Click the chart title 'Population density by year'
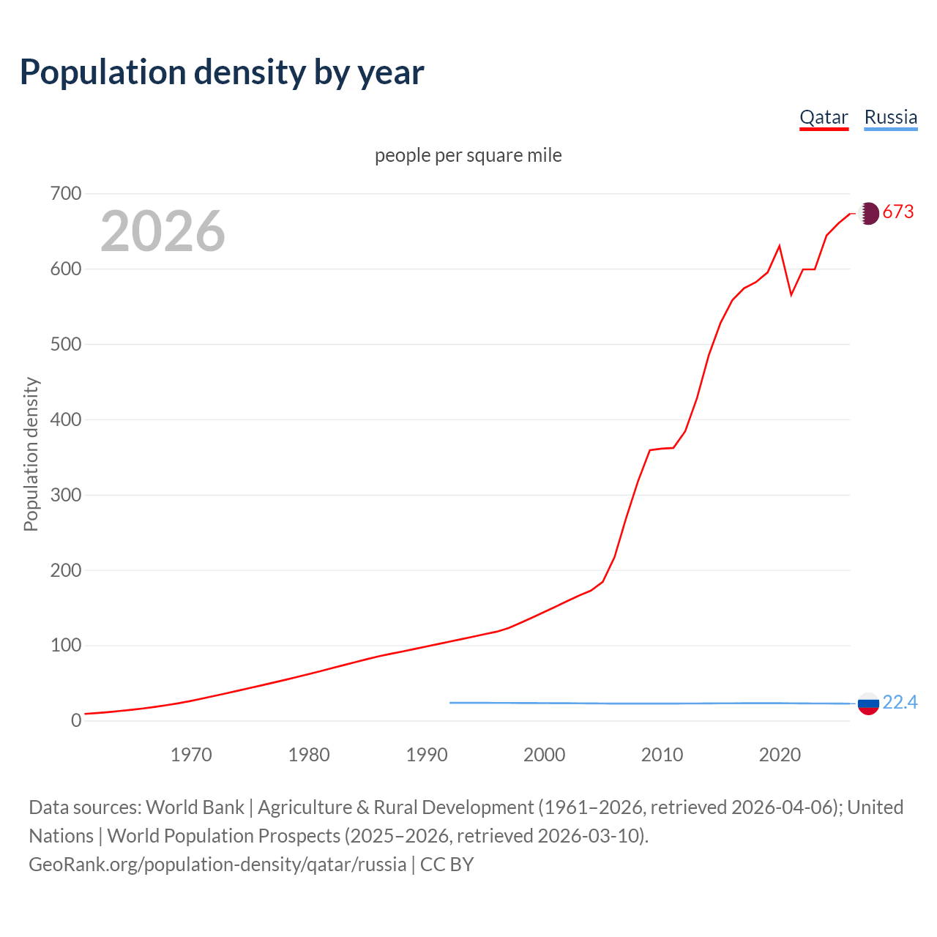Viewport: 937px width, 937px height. (x=222, y=72)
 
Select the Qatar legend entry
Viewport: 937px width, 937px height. (x=824, y=118)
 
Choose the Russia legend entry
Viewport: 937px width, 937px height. (x=890, y=118)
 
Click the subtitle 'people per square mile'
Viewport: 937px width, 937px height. (x=468, y=156)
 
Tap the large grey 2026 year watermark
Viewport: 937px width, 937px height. (x=163, y=231)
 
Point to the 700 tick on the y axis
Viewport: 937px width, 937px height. (x=66, y=194)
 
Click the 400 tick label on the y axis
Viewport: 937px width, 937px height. (x=66, y=420)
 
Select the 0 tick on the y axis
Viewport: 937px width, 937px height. (x=76, y=721)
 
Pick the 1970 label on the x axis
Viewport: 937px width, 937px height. (x=191, y=755)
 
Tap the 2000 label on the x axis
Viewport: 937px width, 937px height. (x=544, y=755)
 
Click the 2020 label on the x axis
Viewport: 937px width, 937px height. (x=780, y=755)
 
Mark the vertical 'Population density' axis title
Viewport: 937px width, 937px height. (x=31, y=454)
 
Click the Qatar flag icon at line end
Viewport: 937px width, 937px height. (x=868, y=213)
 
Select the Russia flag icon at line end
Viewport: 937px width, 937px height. (x=868, y=704)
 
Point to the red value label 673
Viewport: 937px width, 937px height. (x=898, y=212)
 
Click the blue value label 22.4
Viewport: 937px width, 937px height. (x=900, y=703)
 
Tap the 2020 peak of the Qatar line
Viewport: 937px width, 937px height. (x=780, y=246)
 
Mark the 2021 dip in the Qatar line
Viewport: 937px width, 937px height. (x=791, y=295)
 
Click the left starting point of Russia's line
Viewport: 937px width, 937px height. (x=450, y=703)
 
